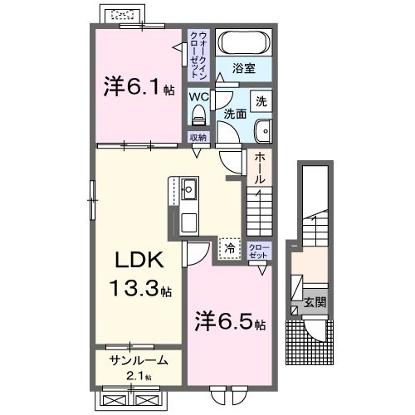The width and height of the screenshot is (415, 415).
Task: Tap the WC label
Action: [x=198, y=96]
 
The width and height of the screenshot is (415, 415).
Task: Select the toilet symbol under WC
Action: [x=198, y=115]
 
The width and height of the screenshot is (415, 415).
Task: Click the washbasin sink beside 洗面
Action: [x=263, y=129]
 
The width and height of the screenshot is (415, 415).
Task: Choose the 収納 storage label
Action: [x=198, y=138]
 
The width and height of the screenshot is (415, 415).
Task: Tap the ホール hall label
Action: [x=260, y=167]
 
